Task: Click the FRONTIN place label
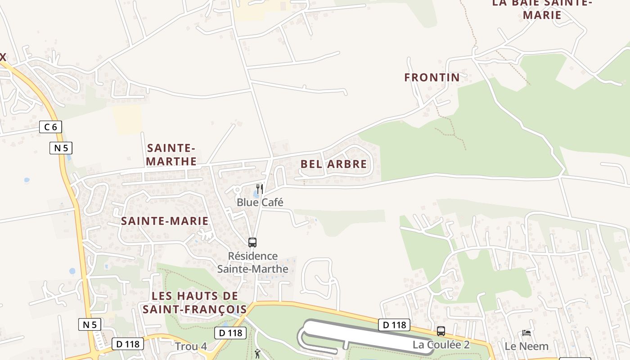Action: (432, 77)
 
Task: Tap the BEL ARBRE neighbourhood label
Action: (334, 164)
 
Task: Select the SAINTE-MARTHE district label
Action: (171, 154)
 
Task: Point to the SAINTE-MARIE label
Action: (165, 221)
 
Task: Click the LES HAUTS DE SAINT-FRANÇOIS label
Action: (195, 302)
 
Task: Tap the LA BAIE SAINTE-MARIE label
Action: (542, 9)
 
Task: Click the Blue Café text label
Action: (260, 202)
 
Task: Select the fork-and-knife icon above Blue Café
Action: (259, 188)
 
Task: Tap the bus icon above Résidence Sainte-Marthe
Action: (252, 243)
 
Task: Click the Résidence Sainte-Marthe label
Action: (252, 262)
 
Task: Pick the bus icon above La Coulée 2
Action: (441, 331)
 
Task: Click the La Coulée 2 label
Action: (441, 345)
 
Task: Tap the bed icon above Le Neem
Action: (526, 333)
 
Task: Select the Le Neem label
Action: (526, 346)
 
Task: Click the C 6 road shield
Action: (50, 127)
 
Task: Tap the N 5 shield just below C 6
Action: (61, 148)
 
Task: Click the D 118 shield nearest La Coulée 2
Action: (394, 324)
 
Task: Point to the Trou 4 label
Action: (191, 346)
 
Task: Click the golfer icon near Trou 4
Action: (257, 354)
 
